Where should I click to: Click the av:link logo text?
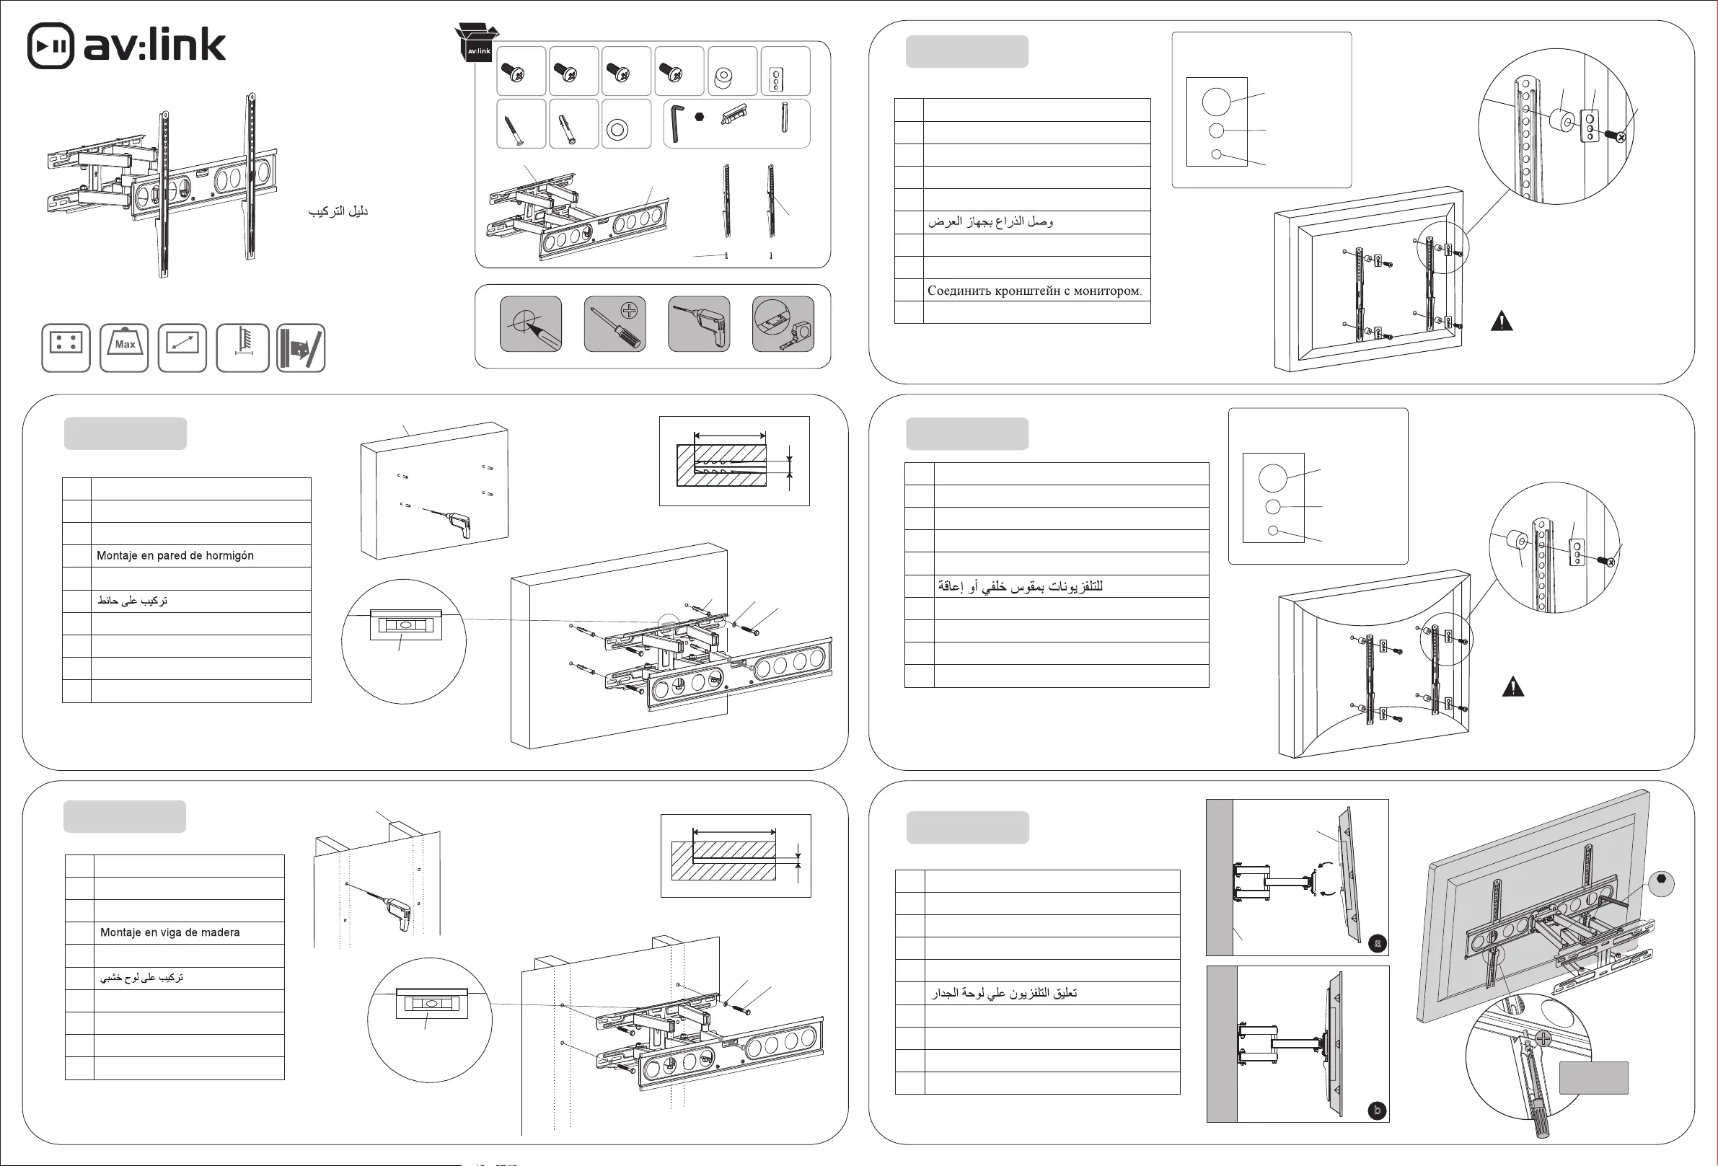point(154,46)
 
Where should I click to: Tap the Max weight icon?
point(124,348)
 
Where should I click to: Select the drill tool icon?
point(699,324)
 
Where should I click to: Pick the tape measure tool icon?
point(783,324)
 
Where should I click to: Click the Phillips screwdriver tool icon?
point(614,324)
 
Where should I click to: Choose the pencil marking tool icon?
point(531,324)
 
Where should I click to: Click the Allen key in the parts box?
point(677,123)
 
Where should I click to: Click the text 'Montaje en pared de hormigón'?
point(175,556)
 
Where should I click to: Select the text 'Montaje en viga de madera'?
point(170,932)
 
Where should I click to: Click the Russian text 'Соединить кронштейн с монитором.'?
point(1034,291)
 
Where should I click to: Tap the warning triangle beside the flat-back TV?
point(1502,322)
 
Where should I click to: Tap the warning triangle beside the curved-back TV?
point(1512,687)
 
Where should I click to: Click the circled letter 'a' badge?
point(1377,944)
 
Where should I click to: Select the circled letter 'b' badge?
point(1377,1110)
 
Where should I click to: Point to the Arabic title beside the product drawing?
point(338,211)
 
